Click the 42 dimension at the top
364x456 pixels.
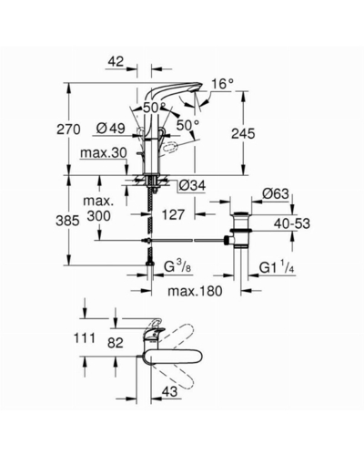click(x=116, y=62)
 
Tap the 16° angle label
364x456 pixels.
click(x=223, y=84)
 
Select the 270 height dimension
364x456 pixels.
click(x=68, y=130)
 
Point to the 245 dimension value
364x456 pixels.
click(x=243, y=134)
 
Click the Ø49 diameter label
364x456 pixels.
click(x=111, y=129)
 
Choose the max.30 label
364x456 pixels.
click(x=103, y=153)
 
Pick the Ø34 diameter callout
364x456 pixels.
click(x=192, y=185)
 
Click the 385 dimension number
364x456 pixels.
click(x=67, y=221)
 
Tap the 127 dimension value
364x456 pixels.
click(x=173, y=215)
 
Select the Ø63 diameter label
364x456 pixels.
click(x=276, y=194)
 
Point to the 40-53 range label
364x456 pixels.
click(x=292, y=223)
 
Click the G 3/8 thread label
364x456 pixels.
click(x=177, y=267)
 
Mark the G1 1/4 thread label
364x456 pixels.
click(x=278, y=267)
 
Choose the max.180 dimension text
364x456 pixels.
click(x=195, y=291)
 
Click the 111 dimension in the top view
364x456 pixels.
click(x=85, y=337)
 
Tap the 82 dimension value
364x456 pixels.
click(x=116, y=343)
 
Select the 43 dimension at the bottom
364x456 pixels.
click(x=169, y=391)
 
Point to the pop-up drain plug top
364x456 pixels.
click(x=241, y=213)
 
